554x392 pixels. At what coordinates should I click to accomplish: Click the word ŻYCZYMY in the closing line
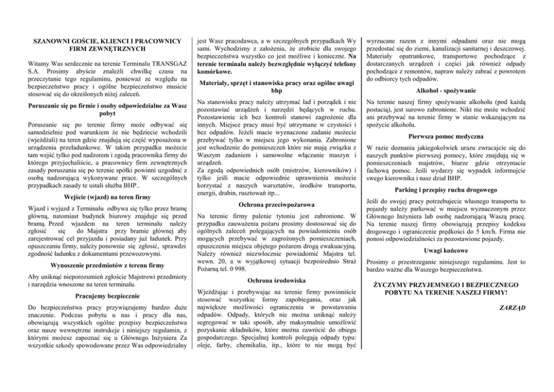(x=394, y=284)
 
